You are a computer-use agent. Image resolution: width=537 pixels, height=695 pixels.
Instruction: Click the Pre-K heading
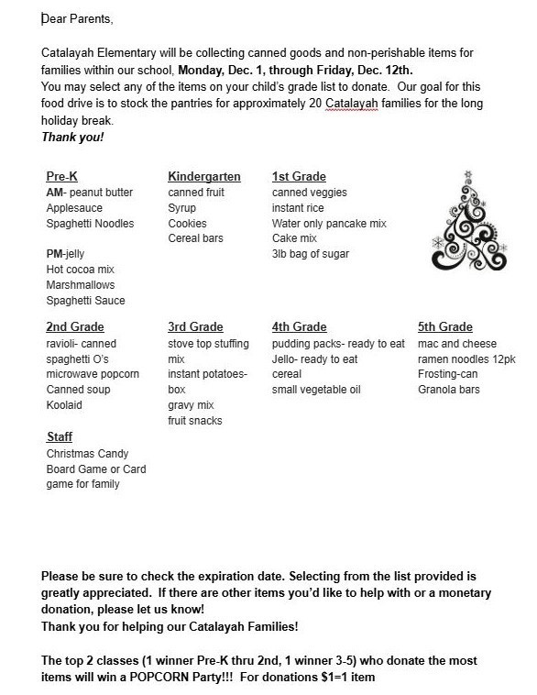(x=61, y=177)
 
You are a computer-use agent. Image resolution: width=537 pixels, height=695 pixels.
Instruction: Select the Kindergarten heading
(x=203, y=177)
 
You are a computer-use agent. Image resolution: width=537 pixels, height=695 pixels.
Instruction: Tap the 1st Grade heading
(x=299, y=177)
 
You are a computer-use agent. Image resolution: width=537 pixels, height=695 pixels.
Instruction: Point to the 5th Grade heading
(x=444, y=327)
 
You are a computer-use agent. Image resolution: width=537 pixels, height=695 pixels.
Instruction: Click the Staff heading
(x=60, y=437)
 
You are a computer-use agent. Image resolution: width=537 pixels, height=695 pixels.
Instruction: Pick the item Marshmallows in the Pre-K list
(x=81, y=284)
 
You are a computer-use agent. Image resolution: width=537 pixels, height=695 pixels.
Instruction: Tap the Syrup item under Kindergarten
(x=182, y=208)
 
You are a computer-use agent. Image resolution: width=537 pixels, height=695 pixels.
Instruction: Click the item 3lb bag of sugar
(x=310, y=254)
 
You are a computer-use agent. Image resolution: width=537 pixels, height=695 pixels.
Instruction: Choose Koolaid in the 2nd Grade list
(x=65, y=404)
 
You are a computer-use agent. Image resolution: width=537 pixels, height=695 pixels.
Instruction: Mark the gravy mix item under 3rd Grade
(x=190, y=405)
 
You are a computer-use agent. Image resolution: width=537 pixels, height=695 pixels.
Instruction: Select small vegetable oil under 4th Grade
(x=316, y=390)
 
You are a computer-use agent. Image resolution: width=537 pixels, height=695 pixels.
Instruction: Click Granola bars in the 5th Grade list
(x=448, y=390)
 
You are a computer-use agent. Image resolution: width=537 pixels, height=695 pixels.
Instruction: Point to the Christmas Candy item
(x=87, y=454)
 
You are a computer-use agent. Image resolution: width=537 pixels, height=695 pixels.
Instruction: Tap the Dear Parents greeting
(x=78, y=19)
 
